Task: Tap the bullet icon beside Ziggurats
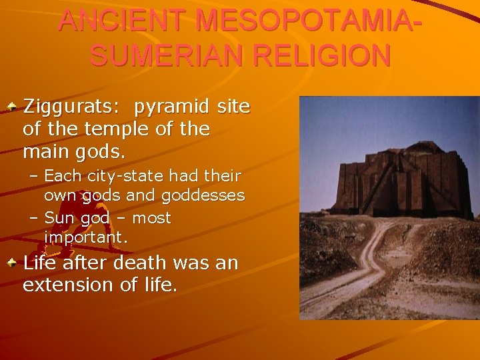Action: (11, 105)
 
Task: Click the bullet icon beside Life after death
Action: (11, 263)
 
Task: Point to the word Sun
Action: (57, 218)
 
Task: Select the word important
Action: (85, 237)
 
